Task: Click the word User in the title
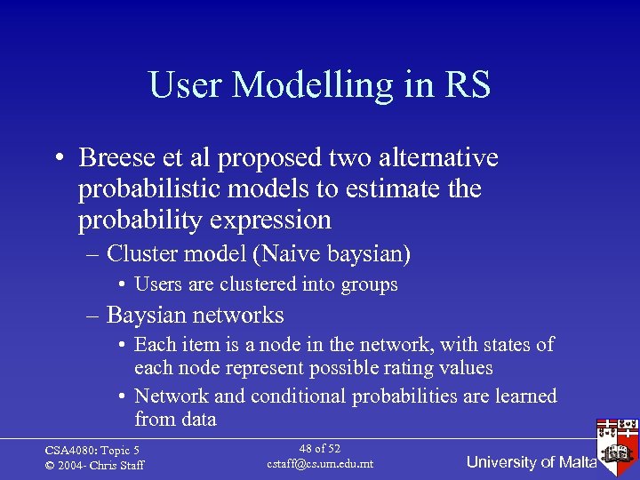coord(186,85)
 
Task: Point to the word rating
coord(394,367)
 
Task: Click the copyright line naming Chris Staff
coord(94,465)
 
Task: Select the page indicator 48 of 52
coord(319,449)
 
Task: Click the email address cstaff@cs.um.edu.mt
coord(319,463)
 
